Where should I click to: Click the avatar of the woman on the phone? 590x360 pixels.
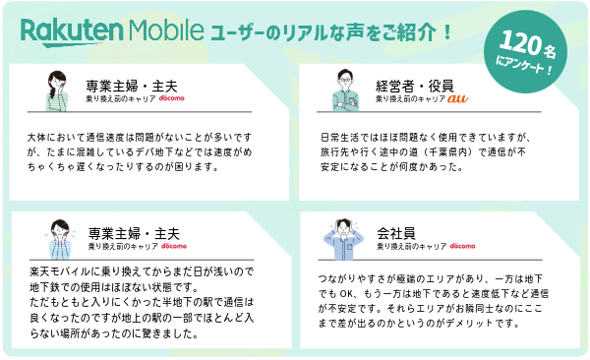click(55, 90)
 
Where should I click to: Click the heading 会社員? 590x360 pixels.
click(395, 232)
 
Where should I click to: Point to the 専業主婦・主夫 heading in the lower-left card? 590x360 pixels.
click(123, 232)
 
